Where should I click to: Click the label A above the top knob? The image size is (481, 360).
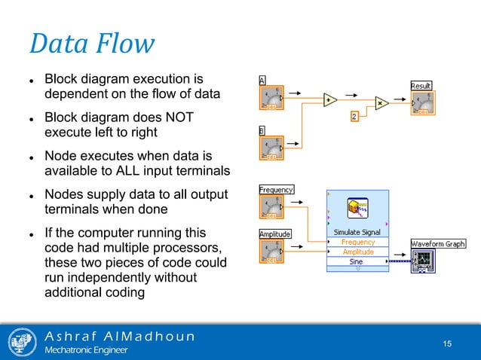pyautogui.click(x=262, y=80)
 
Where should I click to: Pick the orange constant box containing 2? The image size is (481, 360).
pyautogui.click(x=354, y=117)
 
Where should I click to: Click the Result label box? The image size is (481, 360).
pyautogui.click(x=421, y=86)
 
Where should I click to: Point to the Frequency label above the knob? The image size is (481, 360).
pyautogui.click(x=275, y=190)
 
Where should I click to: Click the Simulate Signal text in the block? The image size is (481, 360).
pyautogui.click(x=358, y=233)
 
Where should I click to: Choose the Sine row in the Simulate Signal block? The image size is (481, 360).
pyautogui.click(x=358, y=261)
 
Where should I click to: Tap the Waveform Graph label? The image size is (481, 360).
pyautogui.click(x=438, y=244)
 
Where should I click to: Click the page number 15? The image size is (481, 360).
pyautogui.click(x=447, y=344)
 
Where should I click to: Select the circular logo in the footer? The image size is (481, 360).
pyautogui.click(x=22, y=342)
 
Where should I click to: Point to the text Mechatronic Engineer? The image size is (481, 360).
pyautogui.click(x=87, y=350)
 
